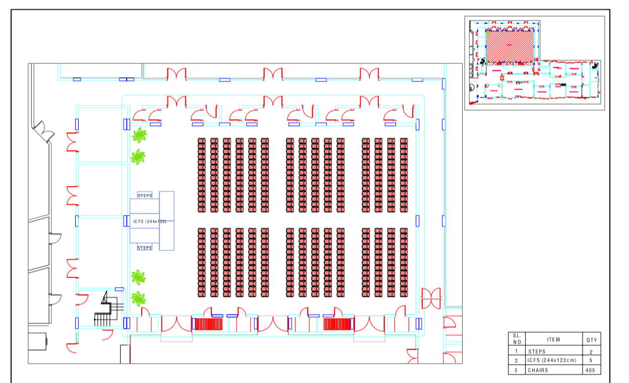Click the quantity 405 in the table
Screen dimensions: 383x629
coord(591,370)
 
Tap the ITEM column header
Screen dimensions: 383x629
coord(553,340)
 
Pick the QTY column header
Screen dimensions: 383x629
coord(591,340)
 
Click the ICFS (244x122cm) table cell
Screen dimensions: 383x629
coord(552,361)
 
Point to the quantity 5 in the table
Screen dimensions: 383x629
coord(591,361)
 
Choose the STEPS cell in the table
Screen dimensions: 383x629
coord(537,351)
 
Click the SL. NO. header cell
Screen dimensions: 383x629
coord(517,339)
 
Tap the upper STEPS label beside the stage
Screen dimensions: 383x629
coord(145,196)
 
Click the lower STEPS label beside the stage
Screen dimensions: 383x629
coord(145,248)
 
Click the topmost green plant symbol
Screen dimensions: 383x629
coord(139,135)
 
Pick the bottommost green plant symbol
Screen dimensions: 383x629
coord(138,298)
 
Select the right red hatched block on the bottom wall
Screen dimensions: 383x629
coord(337,324)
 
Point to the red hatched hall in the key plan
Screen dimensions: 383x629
coord(509,45)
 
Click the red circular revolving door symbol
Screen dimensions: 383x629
coord(431,298)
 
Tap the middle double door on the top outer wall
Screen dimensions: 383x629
coord(272,75)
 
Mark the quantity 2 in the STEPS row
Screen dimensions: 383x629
coord(591,351)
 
